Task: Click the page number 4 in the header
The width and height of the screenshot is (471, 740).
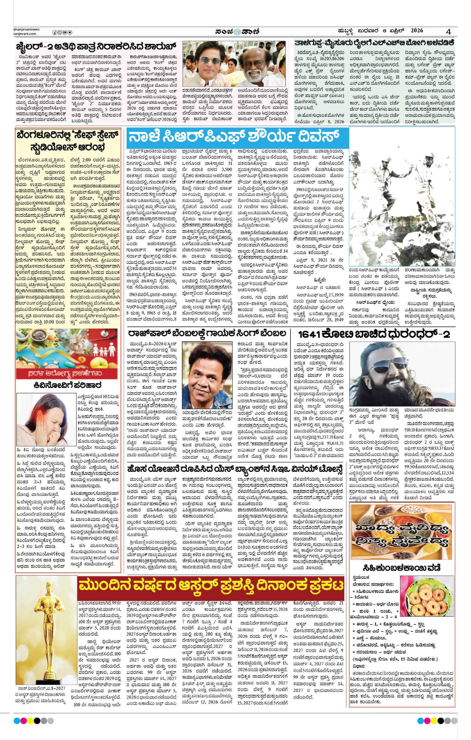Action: [x=449, y=32]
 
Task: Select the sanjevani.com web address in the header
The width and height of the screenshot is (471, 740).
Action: [x=25, y=34]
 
